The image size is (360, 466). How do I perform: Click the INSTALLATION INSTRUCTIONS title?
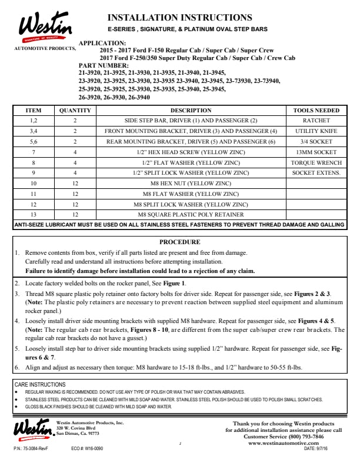pyautogui.click(x=179, y=18)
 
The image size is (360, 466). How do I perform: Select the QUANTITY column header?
pyautogui.click(x=75, y=110)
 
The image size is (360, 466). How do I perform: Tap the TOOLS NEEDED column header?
pyautogui.click(x=316, y=110)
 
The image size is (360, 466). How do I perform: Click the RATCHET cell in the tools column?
pyautogui.click(x=316, y=120)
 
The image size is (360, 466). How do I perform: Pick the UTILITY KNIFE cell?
pyautogui.click(x=316, y=131)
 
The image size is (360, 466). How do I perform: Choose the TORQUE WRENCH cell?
pyautogui.click(x=316, y=162)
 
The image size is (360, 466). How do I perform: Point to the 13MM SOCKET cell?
pyautogui.click(x=316, y=152)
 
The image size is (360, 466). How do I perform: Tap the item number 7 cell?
pyautogui.click(x=34, y=152)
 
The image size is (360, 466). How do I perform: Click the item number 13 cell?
pyautogui.click(x=34, y=215)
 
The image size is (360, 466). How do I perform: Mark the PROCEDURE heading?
pyautogui.click(x=179, y=242)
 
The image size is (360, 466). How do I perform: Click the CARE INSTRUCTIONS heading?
pyautogui.click(x=39, y=383)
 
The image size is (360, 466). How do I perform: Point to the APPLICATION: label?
pyautogui.click(x=102, y=44)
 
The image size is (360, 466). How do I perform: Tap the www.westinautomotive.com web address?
pyautogui.click(x=288, y=443)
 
